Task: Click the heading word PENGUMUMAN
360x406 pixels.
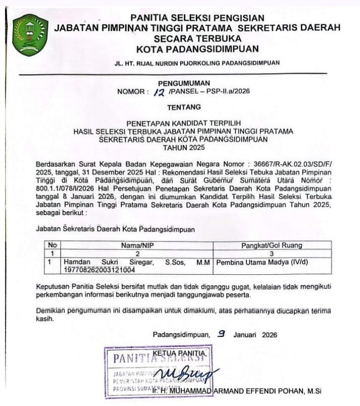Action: [181, 83]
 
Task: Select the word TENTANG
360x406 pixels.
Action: [184, 107]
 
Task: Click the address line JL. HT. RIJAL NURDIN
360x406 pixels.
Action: [197, 63]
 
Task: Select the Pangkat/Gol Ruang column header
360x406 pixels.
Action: [272, 245]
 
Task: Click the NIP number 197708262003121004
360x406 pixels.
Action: [96, 270]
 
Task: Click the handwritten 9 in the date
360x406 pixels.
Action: [220, 334]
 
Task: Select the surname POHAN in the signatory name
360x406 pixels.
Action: [286, 391]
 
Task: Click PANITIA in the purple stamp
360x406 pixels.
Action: [132, 360]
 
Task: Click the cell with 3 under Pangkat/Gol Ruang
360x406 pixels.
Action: [272, 254]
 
